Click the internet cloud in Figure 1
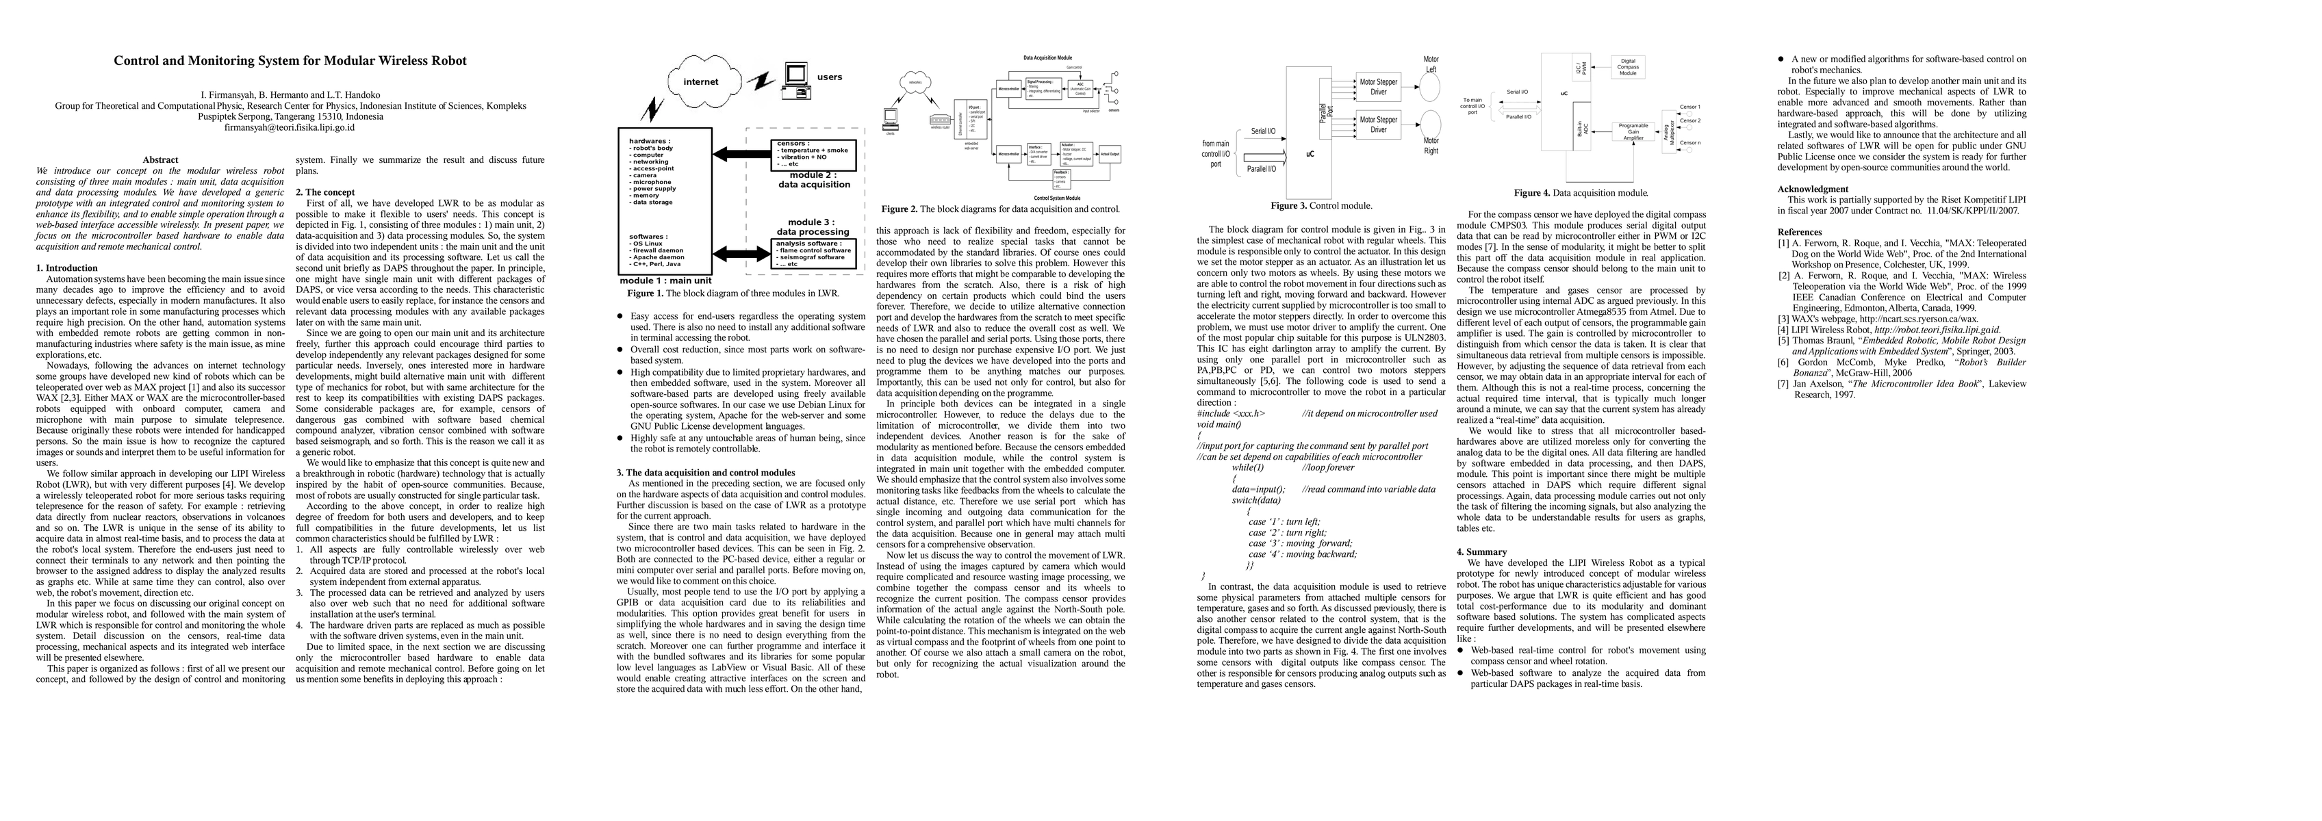[701, 82]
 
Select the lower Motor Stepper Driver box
[1378, 125]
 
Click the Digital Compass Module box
[1628, 66]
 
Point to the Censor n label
[1689, 143]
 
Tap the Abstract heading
[160, 159]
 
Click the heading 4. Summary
[1481, 551]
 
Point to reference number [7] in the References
[1783, 384]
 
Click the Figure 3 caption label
[1289, 205]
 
